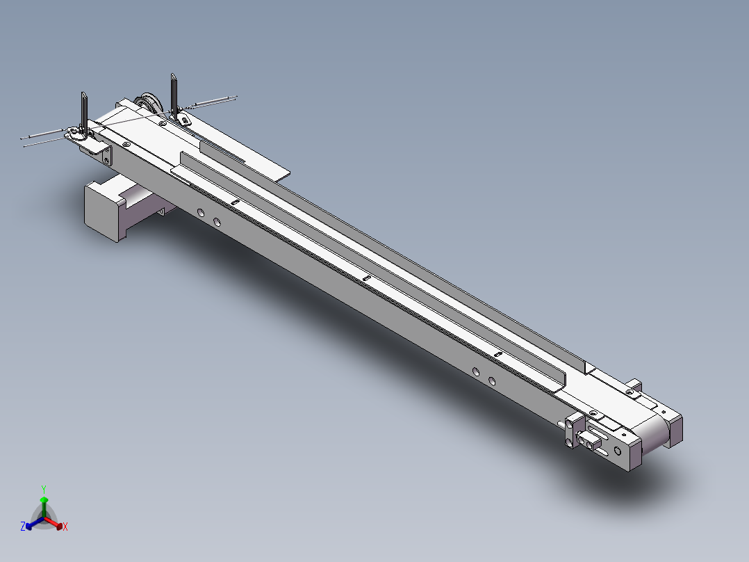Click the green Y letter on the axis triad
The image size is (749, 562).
pyautogui.click(x=44, y=488)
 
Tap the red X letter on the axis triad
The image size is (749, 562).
pyautogui.click(x=65, y=527)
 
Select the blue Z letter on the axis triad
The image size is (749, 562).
pyautogui.click(x=23, y=527)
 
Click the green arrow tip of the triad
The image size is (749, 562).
pyautogui.click(x=44, y=500)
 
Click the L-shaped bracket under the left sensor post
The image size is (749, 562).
pyautogui.click(x=101, y=152)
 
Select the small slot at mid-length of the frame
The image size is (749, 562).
pyautogui.click(x=366, y=280)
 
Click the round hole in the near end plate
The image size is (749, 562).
pyautogui.click(x=618, y=450)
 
